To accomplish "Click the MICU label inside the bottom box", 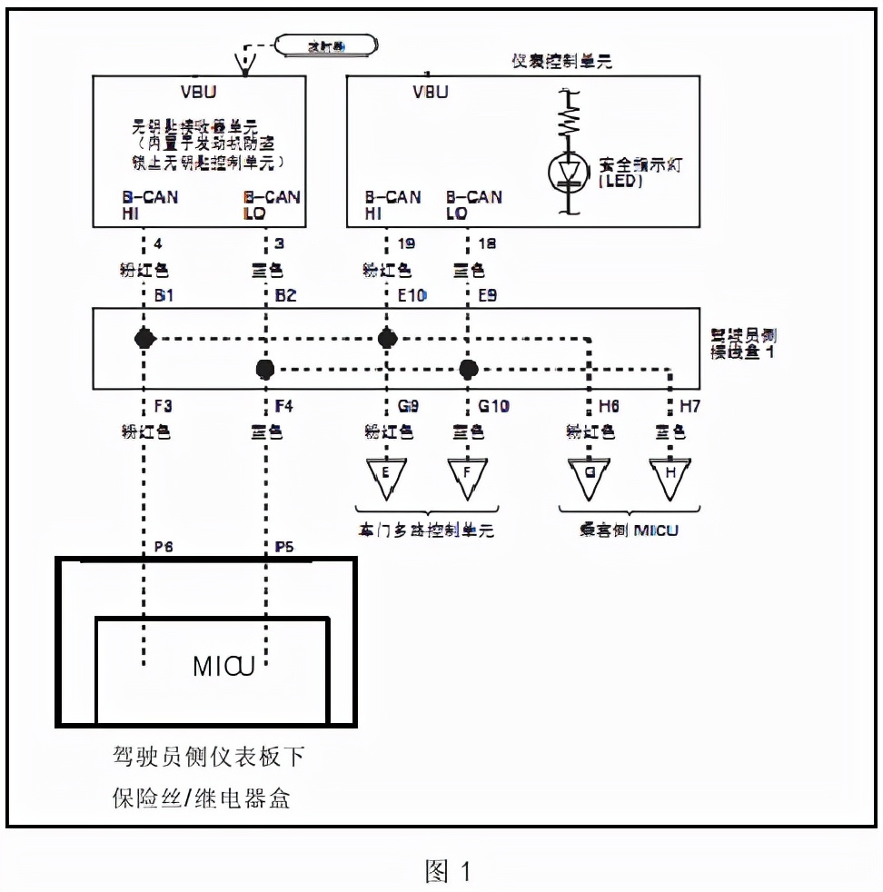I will (x=223, y=667).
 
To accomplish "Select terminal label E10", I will (x=411, y=295).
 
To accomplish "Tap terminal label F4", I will (x=284, y=406).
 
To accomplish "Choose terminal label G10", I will (x=493, y=406).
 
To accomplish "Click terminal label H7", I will (x=690, y=406).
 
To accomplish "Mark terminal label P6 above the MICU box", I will (x=164, y=546).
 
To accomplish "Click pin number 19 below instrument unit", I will (x=406, y=243).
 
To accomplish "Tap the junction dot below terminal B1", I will (x=144, y=339).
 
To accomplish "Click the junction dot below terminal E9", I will (x=469, y=369).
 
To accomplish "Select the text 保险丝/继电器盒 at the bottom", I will (x=201, y=798).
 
